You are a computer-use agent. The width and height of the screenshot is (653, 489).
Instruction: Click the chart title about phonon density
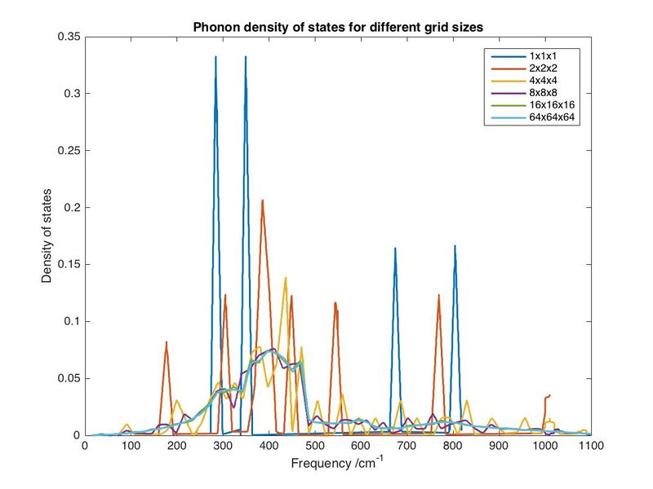click(x=338, y=27)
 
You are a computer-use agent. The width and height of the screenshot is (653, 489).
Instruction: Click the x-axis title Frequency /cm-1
click(x=337, y=465)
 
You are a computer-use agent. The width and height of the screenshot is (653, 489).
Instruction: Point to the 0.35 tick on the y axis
click(x=67, y=37)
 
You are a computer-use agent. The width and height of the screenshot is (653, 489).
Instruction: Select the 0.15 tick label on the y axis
click(x=67, y=265)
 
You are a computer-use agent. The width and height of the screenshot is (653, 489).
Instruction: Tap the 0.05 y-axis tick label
click(x=67, y=378)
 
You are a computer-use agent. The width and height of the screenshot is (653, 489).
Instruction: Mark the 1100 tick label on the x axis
click(x=590, y=447)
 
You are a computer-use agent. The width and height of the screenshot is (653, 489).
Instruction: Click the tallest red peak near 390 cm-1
click(x=262, y=200)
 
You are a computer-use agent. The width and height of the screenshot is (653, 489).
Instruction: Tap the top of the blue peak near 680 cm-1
click(x=395, y=249)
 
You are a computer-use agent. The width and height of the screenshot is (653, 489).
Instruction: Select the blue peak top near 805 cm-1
click(x=455, y=246)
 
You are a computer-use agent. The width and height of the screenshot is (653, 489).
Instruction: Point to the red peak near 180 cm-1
click(x=167, y=342)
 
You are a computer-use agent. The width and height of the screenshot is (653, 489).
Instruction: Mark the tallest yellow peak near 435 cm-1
click(x=285, y=278)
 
